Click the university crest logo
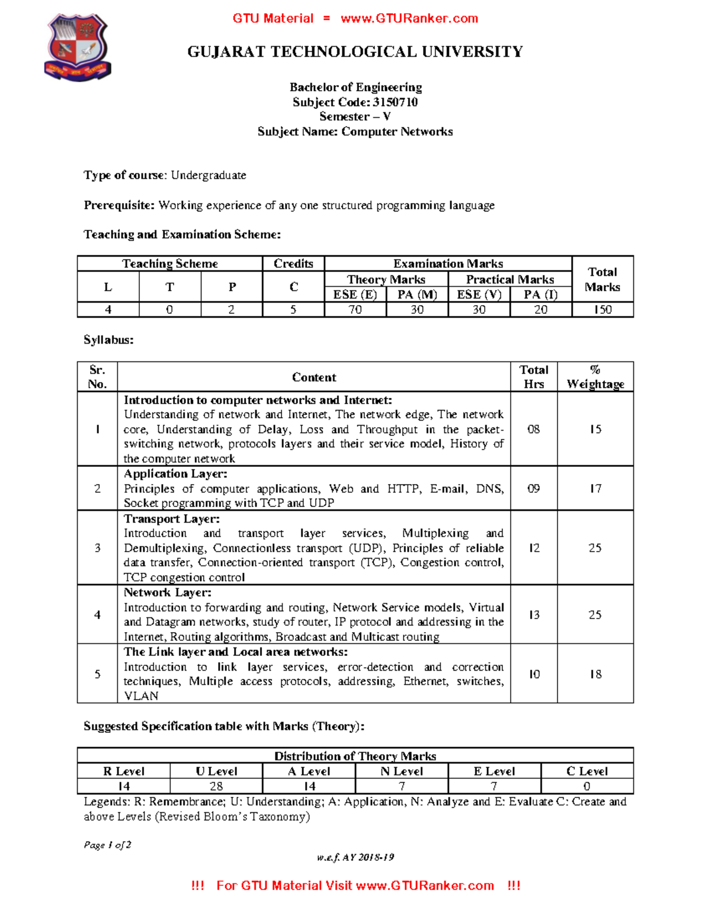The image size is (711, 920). click(78, 48)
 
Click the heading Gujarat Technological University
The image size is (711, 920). click(355, 52)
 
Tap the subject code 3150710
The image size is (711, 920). click(395, 102)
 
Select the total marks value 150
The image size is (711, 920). click(603, 309)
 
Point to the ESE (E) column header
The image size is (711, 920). click(355, 294)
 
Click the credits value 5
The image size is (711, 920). click(293, 309)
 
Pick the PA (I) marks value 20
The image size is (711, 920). click(540, 309)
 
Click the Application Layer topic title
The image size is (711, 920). click(175, 474)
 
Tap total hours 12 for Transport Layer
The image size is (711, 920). click(534, 548)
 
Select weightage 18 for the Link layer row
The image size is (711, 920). click(595, 674)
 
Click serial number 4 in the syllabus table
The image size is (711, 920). click(97, 615)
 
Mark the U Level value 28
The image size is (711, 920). click(216, 786)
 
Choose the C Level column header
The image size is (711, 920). click(587, 771)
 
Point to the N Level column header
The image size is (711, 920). click(402, 771)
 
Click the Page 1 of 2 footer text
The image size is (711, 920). click(107, 845)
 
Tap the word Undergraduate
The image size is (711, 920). click(209, 175)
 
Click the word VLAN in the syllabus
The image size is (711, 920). click(141, 696)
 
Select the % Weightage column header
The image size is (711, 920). click(595, 377)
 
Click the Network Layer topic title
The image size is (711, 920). click(168, 592)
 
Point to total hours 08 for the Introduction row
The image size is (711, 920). click(534, 429)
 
